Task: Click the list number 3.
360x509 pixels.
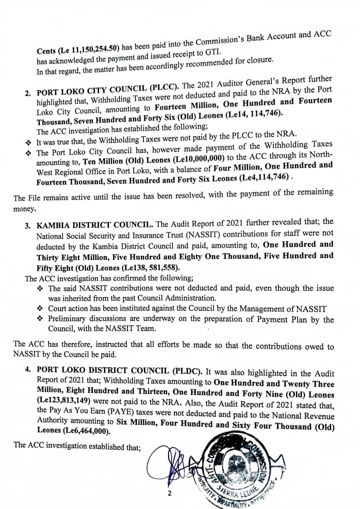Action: pos(28,225)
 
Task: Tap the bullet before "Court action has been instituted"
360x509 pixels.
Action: pos(40,308)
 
